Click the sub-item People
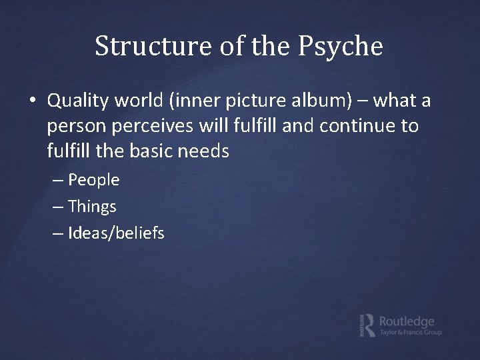(x=93, y=179)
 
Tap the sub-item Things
(x=92, y=207)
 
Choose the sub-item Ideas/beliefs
(x=116, y=233)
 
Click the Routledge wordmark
(x=406, y=320)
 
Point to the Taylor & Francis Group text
(x=409, y=333)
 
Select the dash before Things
(x=58, y=207)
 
